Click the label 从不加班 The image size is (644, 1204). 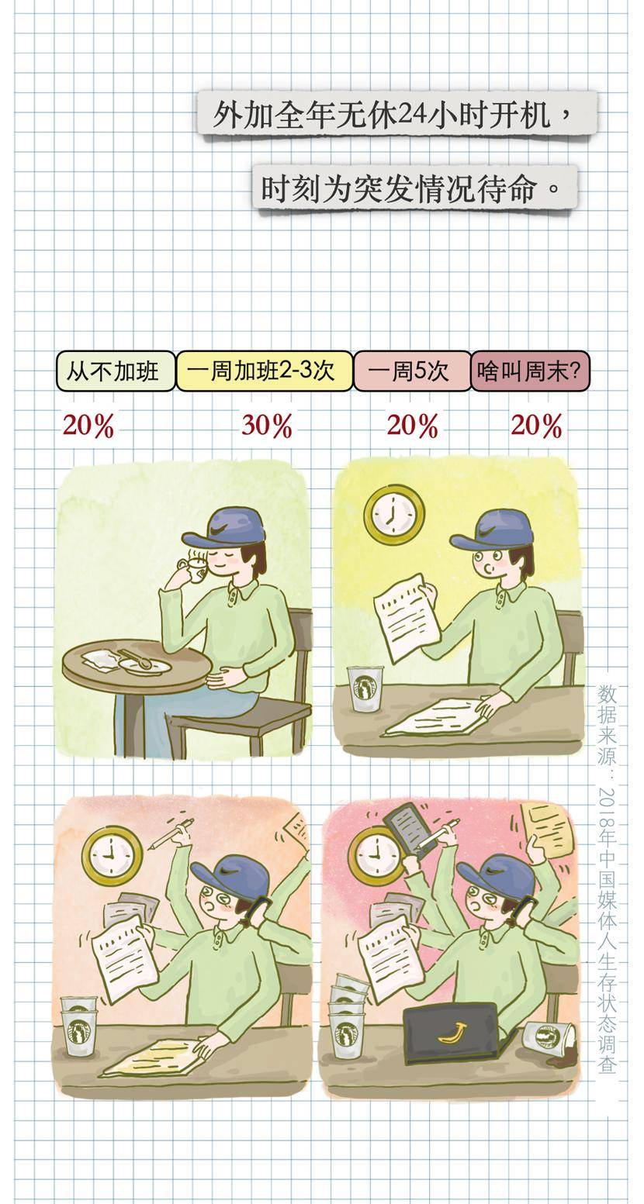point(116,371)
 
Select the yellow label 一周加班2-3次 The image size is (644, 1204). point(264,371)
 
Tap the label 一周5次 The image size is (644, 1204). point(412,371)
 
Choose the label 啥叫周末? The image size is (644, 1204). point(530,371)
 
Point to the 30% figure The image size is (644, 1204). point(267,426)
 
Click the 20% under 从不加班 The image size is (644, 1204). point(88,426)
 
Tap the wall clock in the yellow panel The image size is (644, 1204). point(393,514)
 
